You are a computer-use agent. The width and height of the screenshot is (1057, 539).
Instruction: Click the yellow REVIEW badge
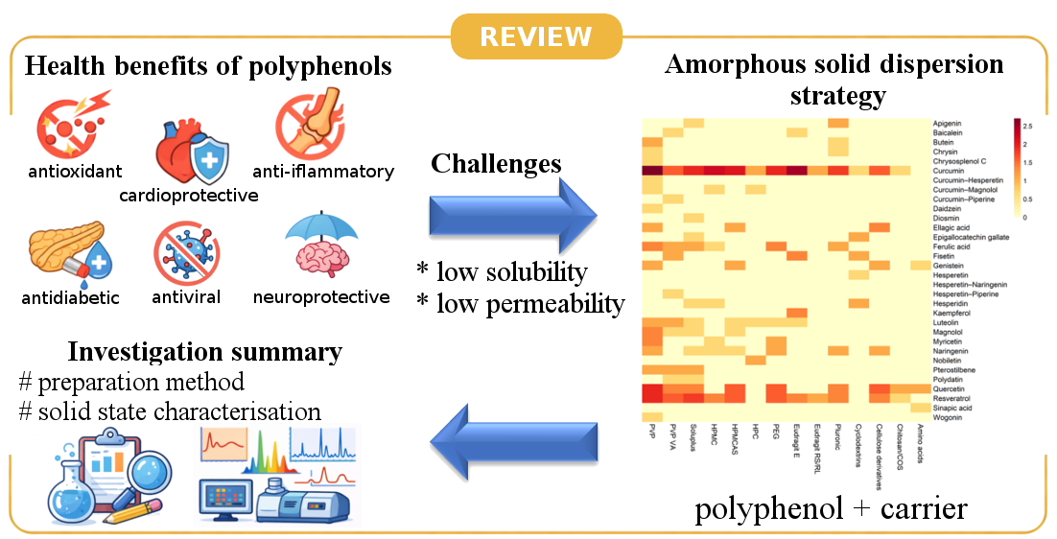point(535,36)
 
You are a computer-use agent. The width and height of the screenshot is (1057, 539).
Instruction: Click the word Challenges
point(496,163)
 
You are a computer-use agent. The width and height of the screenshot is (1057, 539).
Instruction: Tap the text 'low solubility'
point(509,272)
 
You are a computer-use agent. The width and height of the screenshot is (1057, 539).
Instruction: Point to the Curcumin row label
point(948,171)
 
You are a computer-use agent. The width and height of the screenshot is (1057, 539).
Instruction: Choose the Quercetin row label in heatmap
point(949,388)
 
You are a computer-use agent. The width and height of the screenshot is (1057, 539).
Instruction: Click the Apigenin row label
point(948,124)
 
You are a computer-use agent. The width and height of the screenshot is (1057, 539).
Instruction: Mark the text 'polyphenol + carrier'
point(831,508)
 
